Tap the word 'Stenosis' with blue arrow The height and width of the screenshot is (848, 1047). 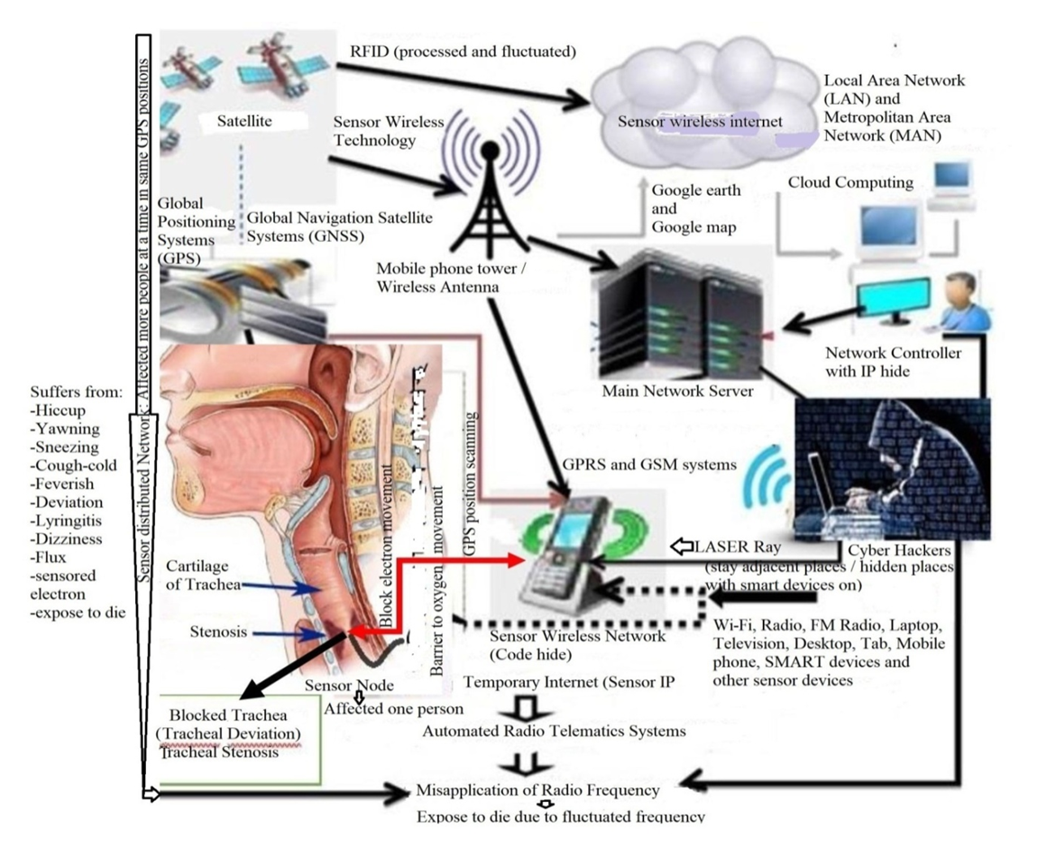(x=217, y=631)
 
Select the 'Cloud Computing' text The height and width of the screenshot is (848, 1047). (x=850, y=182)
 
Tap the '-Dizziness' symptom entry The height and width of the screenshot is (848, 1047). (x=67, y=539)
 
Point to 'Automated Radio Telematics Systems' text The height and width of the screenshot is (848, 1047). (x=554, y=731)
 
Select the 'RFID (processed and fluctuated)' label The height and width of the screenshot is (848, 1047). (x=463, y=51)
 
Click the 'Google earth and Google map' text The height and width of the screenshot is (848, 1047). (x=695, y=208)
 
